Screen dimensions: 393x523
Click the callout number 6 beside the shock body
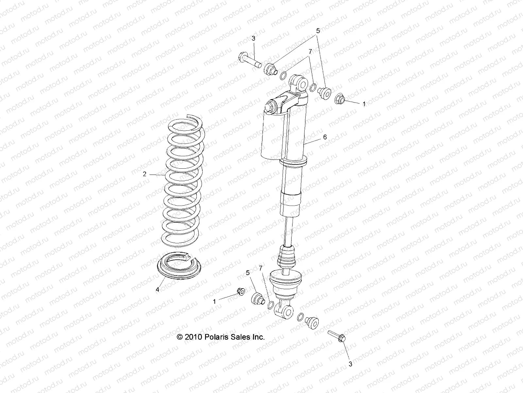[x=334, y=137]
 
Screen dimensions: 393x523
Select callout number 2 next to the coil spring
[x=145, y=174]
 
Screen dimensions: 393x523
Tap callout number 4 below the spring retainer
[x=157, y=290]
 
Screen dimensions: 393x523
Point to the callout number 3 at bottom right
[x=350, y=364]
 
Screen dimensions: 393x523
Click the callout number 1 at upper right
[x=364, y=104]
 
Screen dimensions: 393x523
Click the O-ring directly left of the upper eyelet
[x=283, y=76]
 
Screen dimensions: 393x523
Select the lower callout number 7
[x=261, y=268]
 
